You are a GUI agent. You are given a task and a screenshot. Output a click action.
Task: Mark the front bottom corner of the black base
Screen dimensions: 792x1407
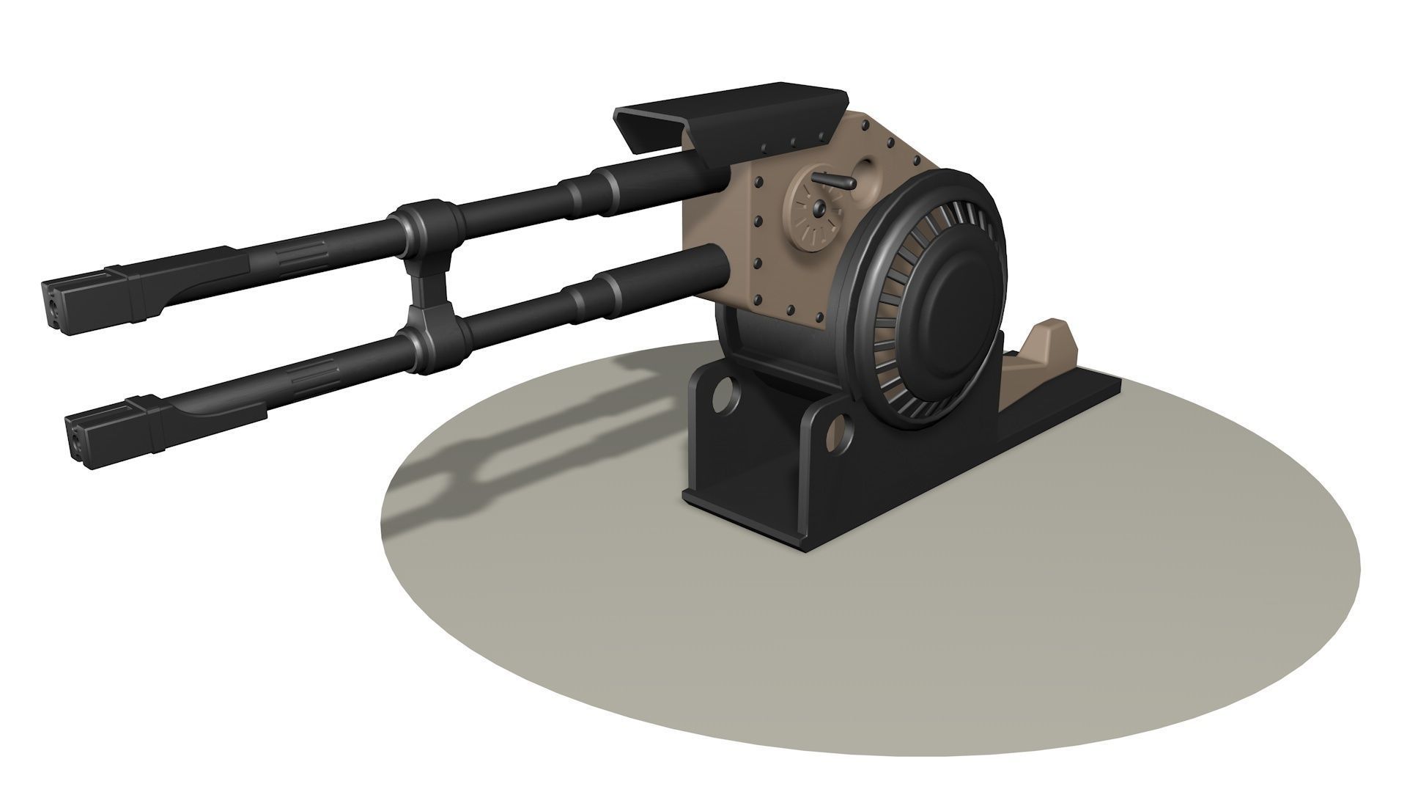(x=806, y=550)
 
